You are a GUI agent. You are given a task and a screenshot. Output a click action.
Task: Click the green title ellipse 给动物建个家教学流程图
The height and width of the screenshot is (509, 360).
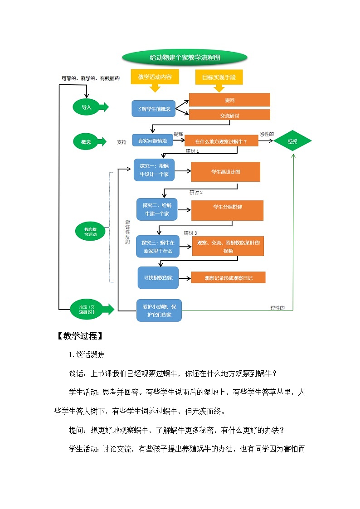coord(185,58)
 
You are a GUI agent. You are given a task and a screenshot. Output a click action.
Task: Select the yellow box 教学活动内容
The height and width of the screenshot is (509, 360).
coord(155,77)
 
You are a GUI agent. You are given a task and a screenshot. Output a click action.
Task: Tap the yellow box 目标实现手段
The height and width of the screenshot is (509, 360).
coord(219,77)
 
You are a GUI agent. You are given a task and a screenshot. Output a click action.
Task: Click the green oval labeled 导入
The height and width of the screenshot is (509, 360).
coord(86,107)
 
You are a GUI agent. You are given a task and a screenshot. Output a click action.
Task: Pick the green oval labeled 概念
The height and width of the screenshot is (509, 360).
coord(86,142)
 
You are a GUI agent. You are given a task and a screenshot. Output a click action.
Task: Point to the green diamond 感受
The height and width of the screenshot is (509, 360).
coord(292,141)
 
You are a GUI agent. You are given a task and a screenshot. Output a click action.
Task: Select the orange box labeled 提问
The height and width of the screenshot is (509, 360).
coord(229,100)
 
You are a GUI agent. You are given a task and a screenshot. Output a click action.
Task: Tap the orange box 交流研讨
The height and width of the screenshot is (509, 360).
coord(229,116)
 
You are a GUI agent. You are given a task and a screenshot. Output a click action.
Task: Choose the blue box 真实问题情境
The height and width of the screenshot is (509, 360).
coord(152,141)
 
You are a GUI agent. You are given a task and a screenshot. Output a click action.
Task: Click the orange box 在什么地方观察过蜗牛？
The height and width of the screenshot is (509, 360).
coord(221,141)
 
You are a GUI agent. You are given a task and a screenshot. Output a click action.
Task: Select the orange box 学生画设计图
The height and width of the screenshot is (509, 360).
coord(225,172)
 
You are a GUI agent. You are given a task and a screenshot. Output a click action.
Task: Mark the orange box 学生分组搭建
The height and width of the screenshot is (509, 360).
coord(227,207)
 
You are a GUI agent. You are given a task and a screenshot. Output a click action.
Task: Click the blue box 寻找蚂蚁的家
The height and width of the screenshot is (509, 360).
coord(158,278)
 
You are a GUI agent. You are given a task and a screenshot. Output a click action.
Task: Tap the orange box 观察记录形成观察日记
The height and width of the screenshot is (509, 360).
coord(228,278)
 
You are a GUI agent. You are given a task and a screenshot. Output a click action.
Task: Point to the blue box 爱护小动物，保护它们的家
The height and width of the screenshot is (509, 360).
coord(159,310)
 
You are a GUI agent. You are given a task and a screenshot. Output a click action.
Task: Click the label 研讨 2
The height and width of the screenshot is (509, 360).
coord(196,193)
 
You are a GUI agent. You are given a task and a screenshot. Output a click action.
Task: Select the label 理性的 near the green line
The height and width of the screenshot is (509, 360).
coord(277,308)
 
